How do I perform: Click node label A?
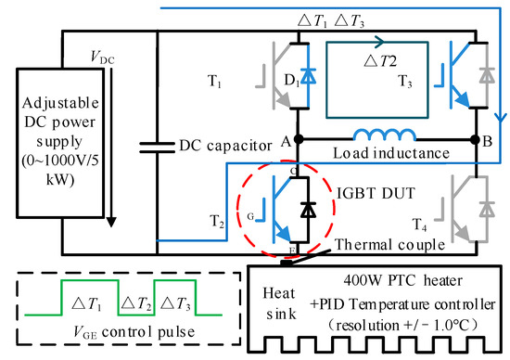coord(284,142)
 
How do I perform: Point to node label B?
coord(486,142)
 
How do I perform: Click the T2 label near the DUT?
coord(216,224)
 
